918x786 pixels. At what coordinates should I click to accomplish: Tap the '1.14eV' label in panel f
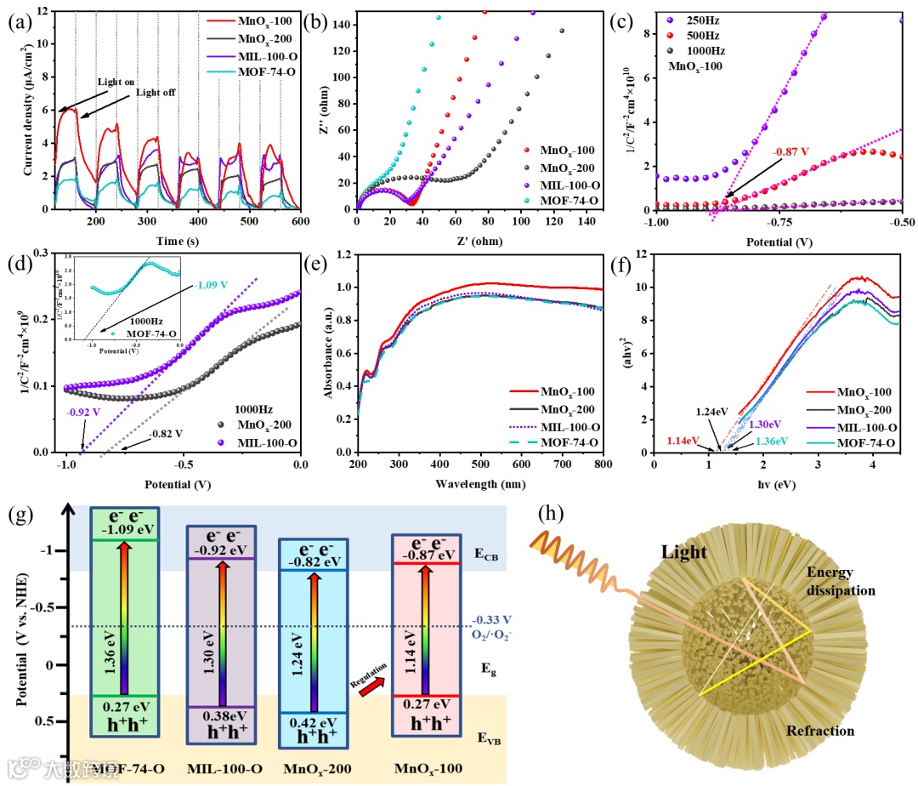point(684,441)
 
